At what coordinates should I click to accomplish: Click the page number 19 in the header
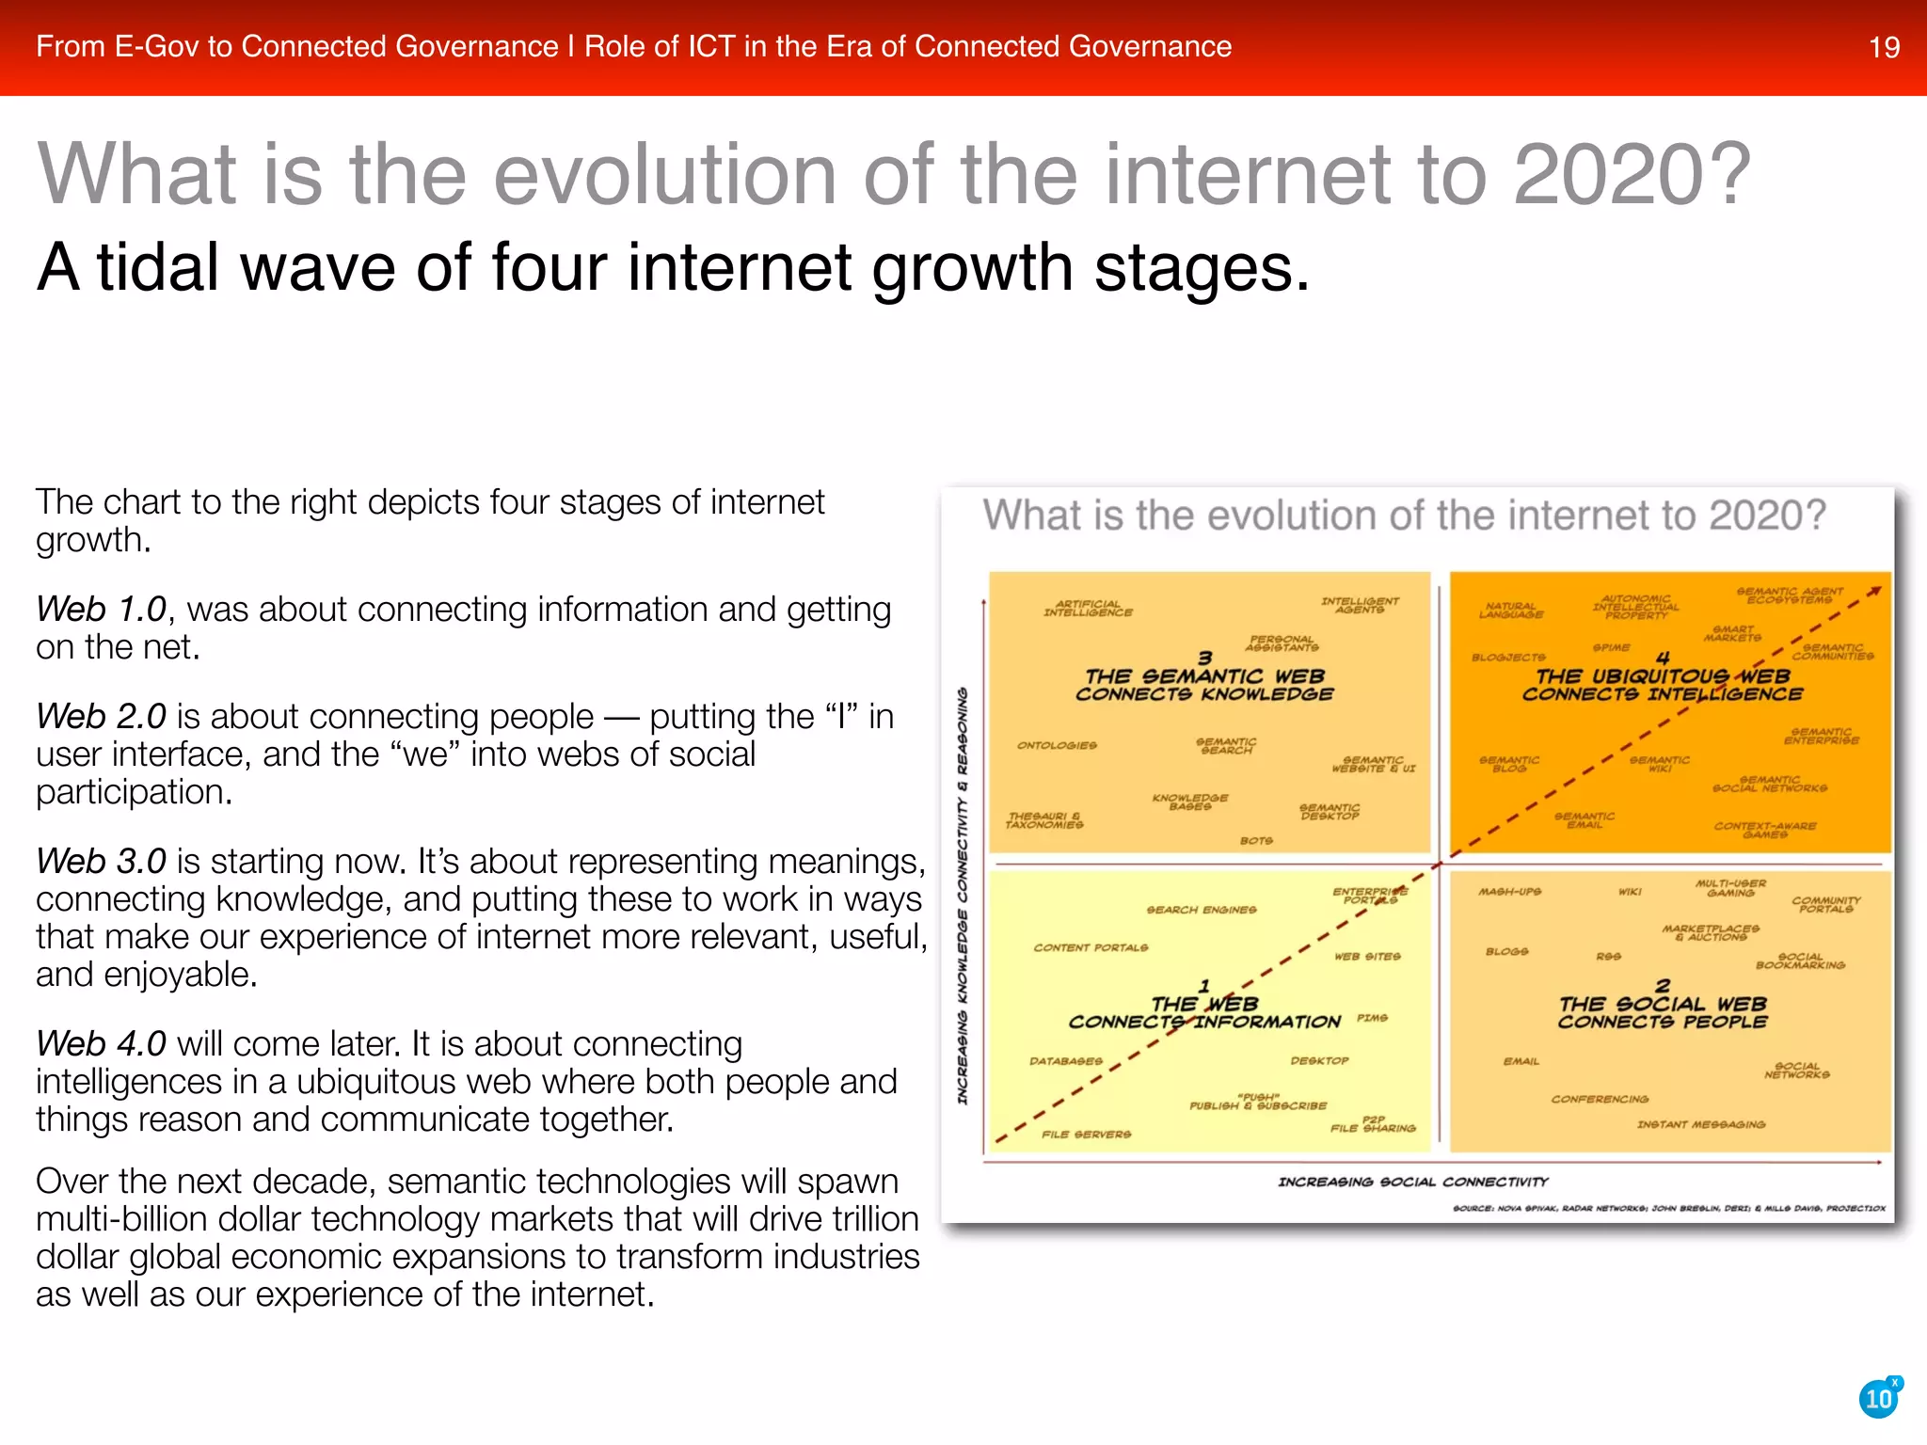pyautogui.click(x=1884, y=47)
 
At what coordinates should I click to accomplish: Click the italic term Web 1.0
pyautogui.click(x=102, y=610)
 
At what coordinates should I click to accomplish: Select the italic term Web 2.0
pyautogui.click(x=102, y=717)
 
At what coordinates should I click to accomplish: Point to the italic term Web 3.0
pyautogui.click(x=102, y=862)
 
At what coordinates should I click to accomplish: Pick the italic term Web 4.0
pyautogui.click(x=102, y=1044)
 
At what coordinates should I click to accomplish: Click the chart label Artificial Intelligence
pyautogui.click(x=1088, y=609)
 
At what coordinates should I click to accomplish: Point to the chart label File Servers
pyautogui.click(x=1086, y=1135)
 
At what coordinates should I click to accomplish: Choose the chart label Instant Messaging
pyautogui.click(x=1701, y=1124)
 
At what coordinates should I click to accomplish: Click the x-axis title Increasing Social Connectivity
pyautogui.click(x=1412, y=1182)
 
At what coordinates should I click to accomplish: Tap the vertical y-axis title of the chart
pyautogui.click(x=963, y=895)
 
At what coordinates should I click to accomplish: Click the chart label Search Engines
pyautogui.click(x=1202, y=910)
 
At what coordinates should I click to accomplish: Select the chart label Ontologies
pyautogui.click(x=1057, y=745)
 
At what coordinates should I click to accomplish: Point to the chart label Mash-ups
pyautogui.click(x=1509, y=891)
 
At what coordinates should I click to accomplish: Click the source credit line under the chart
pyautogui.click(x=1668, y=1208)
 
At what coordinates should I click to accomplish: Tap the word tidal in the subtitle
pyautogui.click(x=158, y=268)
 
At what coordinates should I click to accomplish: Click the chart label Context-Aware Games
pyautogui.click(x=1765, y=830)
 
